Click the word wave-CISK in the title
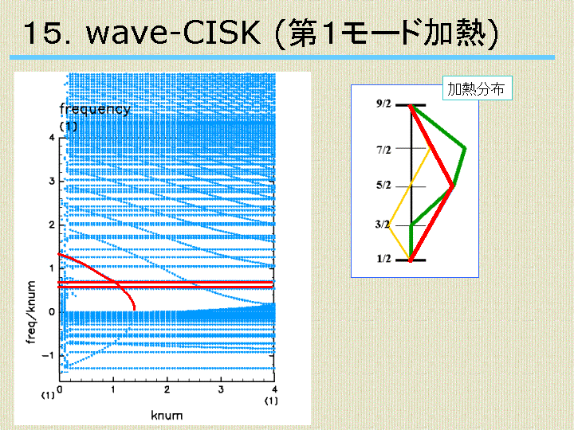(x=173, y=33)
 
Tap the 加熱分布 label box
(x=477, y=88)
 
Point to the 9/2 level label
(x=383, y=104)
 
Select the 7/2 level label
(x=383, y=150)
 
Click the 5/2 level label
(x=383, y=185)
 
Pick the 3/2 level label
(x=382, y=224)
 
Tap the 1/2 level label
(x=383, y=259)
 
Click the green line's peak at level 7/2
(x=465, y=148)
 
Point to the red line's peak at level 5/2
(x=453, y=186)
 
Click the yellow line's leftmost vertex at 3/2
(x=389, y=226)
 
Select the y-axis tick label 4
(x=52, y=138)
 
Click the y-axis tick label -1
(x=48, y=355)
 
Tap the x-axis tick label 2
(x=167, y=389)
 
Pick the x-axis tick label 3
(x=221, y=389)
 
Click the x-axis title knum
(x=167, y=416)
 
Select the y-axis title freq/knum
(x=31, y=312)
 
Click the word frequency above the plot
(x=95, y=109)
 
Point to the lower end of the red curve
(x=135, y=309)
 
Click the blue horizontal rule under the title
(x=282, y=57)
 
